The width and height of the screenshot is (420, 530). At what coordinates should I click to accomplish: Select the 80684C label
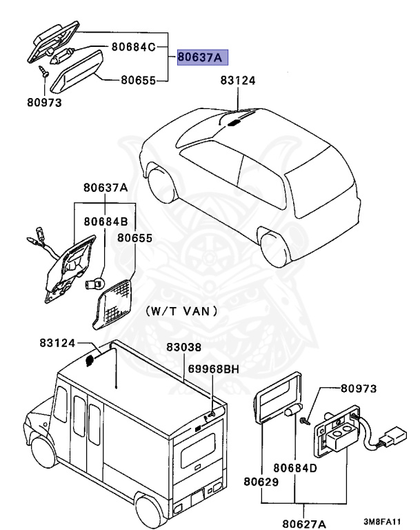[x=134, y=48]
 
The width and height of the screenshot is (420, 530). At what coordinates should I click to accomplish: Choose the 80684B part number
[x=106, y=222]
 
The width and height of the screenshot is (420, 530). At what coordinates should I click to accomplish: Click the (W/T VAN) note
[x=182, y=311]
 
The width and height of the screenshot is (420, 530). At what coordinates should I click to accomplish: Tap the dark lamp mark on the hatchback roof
[x=234, y=123]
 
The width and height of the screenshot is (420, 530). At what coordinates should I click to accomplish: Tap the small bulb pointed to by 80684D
[x=294, y=413]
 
